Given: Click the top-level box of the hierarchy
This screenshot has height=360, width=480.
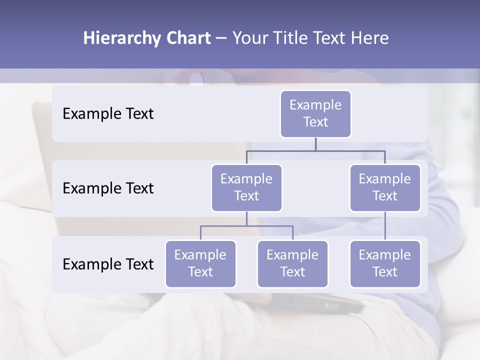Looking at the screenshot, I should click(315, 113).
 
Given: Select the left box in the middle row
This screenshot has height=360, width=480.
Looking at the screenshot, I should click(246, 187).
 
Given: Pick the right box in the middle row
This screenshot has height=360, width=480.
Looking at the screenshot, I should click(385, 187).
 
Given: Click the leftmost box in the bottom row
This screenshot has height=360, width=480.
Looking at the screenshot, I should click(200, 263).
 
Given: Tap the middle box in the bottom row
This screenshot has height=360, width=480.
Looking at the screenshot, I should click(292, 263).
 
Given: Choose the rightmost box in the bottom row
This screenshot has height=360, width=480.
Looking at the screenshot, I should click(385, 263).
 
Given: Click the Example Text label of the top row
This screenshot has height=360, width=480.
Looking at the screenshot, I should click(108, 113).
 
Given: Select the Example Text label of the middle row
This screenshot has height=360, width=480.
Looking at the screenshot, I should click(108, 188).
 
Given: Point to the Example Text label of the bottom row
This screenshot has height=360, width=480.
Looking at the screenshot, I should click(108, 264).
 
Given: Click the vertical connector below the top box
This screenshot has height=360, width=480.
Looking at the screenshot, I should click(315, 144).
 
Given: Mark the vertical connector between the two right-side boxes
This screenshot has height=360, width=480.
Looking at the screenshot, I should click(385, 225).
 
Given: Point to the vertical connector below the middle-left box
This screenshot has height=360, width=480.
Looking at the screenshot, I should click(246, 218).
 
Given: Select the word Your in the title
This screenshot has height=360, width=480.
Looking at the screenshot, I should click(248, 38).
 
